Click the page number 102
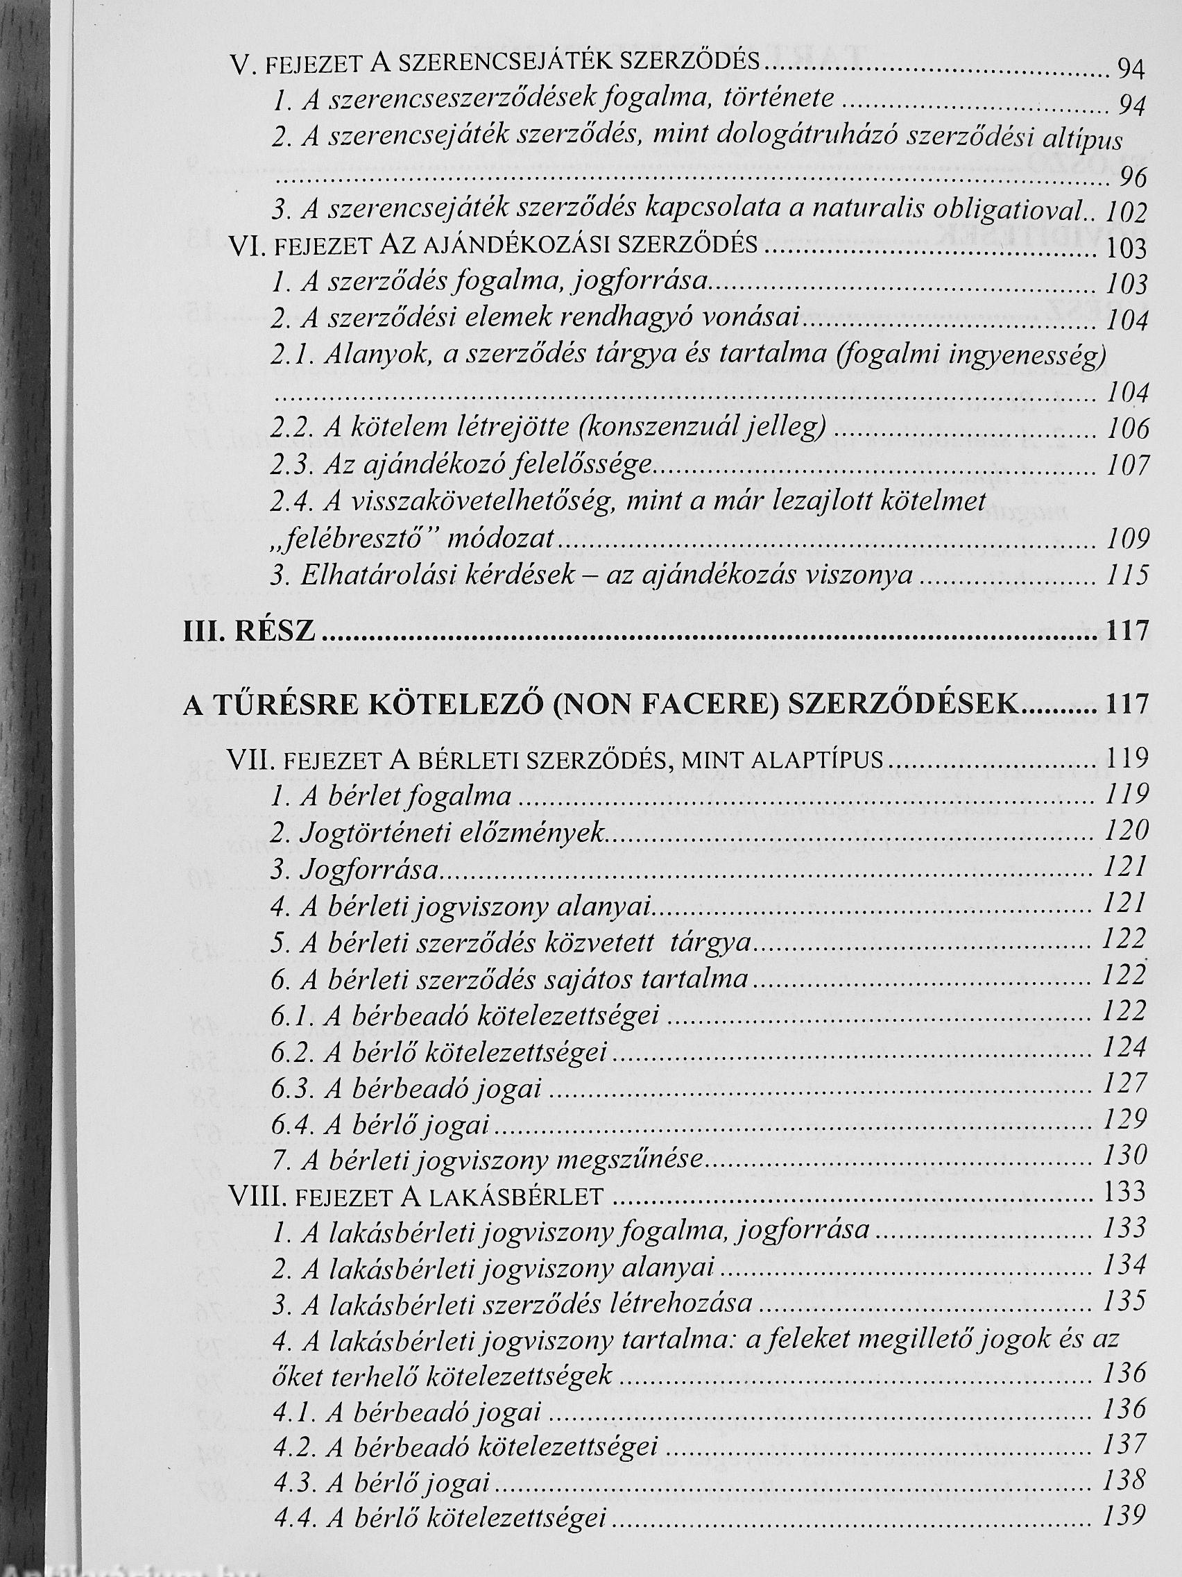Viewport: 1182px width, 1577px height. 1126,212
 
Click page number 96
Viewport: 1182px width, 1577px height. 1132,177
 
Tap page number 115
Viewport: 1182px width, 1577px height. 1127,575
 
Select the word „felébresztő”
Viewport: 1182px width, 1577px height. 343,539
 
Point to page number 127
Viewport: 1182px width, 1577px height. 1124,1083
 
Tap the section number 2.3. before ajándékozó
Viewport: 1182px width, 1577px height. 292,466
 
